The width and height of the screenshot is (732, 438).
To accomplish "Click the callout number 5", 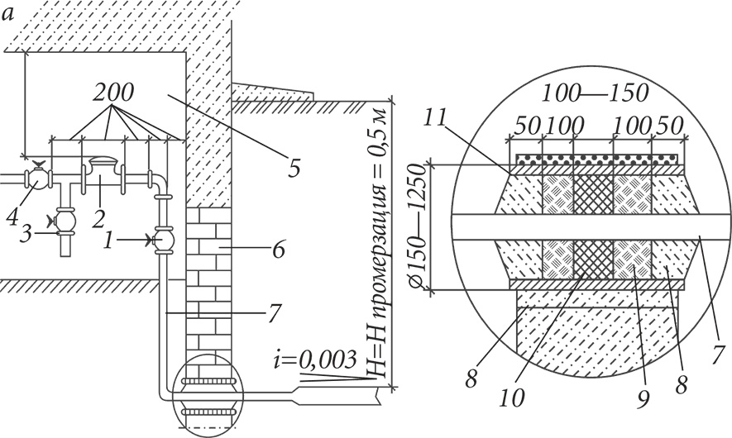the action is pyautogui.click(x=294, y=169).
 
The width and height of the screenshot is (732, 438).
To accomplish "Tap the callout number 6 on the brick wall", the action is pyautogui.click(x=278, y=250).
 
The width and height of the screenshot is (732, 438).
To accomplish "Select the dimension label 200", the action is pyautogui.click(x=113, y=93).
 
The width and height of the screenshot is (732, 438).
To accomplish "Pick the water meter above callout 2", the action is pyautogui.click(x=103, y=167).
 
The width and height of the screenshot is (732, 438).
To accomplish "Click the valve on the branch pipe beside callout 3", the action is pyautogui.click(x=64, y=219).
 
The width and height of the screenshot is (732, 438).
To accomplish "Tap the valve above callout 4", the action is pyautogui.click(x=39, y=178).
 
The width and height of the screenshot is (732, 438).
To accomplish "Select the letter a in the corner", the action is pyautogui.click(x=8, y=15).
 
